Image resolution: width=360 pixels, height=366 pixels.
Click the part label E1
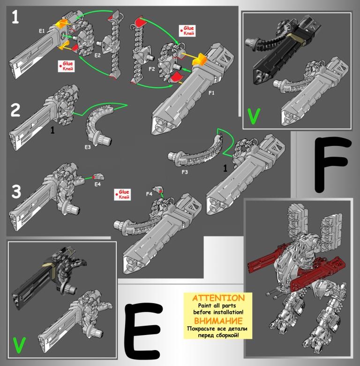point(42,31)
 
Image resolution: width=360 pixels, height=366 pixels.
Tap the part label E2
point(97,55)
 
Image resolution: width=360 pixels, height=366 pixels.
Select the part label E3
point(88,147)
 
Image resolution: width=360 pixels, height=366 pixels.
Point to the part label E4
point(97,184)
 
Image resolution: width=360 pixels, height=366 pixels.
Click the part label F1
point(211,93)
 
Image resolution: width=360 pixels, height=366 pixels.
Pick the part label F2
point(151,69)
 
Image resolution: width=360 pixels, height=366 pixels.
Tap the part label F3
point(185,172)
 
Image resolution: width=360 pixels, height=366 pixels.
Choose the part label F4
point(149,194)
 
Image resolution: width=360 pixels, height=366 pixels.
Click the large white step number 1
point(15,17)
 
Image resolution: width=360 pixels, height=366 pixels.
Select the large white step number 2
point(15,110)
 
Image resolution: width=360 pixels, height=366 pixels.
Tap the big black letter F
point(333,165)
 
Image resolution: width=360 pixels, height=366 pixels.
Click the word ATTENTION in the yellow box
point(218,298)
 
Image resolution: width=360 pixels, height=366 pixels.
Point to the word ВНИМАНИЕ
point(218,320)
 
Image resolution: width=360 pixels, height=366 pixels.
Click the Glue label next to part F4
point(122,194)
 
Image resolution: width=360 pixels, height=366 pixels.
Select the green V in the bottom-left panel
point(19,345)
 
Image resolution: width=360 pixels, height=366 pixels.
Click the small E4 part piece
point(98,176)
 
